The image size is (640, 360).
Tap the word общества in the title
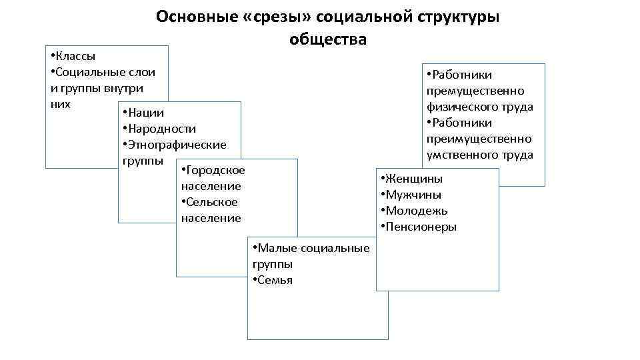[327, 39]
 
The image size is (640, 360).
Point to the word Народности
[161, 129]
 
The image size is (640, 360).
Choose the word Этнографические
[177, 145]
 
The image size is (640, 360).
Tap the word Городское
[216, 171]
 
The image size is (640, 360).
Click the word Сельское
[211, 203]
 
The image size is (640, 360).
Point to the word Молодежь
[416, 211]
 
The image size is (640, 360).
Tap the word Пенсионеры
[421, 227]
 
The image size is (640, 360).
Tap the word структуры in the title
[460, 17]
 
